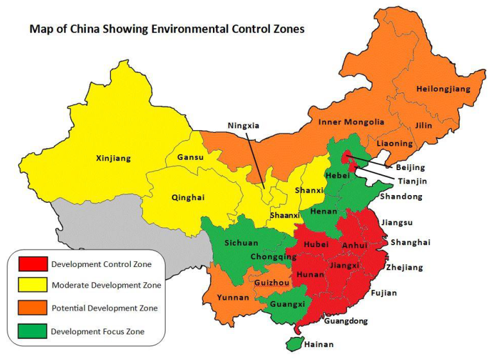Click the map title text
coord(167,29)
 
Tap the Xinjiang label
coord(113,157)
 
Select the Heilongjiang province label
coord(442,89)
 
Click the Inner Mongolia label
coord(351,122)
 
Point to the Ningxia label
coord(244,126)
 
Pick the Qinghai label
coord(188,198)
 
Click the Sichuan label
coord(241,243)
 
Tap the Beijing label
coord(410,167)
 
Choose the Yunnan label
coord(233,297)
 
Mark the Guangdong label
coord(346,320)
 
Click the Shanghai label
coord(410,242)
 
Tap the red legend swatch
coord(33,264)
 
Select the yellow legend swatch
coord(33,286)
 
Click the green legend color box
coord(33,331)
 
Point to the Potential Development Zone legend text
coord(104,309)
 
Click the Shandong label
coord(401,196)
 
